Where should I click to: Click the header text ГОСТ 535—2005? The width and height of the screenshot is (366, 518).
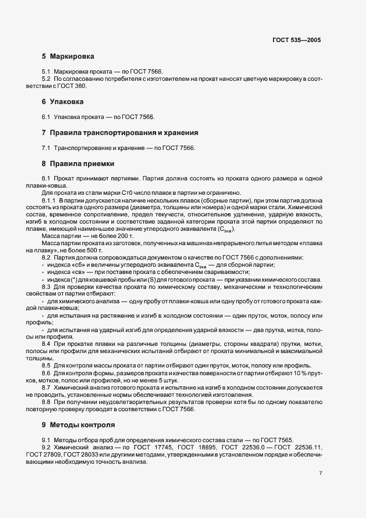click(297, 40)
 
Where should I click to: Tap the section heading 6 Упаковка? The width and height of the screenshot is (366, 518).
click(63, 102)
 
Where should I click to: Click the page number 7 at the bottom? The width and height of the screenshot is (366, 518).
click(321, 473)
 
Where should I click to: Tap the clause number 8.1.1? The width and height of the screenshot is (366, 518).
click(49, 200)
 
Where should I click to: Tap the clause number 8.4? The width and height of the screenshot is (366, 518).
click(47, 344)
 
